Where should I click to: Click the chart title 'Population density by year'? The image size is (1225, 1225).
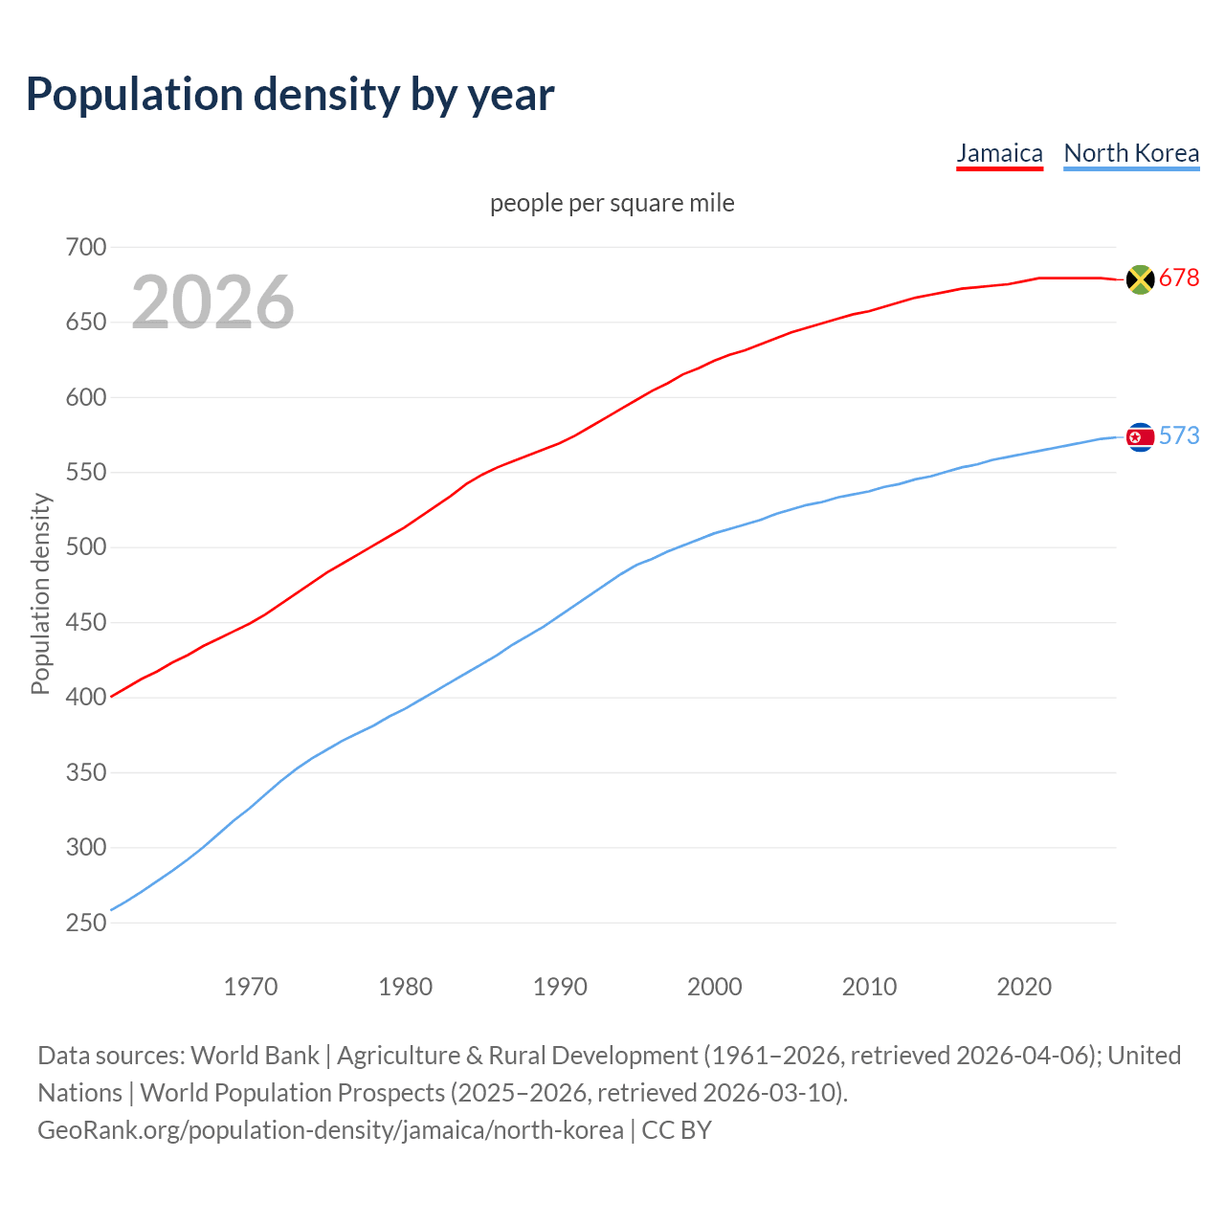[x=290, y=95]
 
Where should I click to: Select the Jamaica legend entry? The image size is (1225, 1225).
[x=999, y=153]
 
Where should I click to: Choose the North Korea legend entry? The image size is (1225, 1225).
[x=1131, y=153]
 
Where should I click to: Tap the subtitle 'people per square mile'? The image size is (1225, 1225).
[x=612, y=203]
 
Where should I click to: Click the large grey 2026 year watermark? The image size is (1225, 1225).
[x=212, y=302]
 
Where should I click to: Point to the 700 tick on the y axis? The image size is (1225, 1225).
[x=86, y=247]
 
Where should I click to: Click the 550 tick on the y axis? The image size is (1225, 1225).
[x=86, y=473]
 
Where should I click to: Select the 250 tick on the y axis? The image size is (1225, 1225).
[x=86, y=923]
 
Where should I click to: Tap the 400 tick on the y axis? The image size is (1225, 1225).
[x=86, y=698]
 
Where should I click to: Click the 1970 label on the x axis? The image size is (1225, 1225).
[x=251, y=987]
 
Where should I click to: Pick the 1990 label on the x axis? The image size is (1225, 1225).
[x=560, y=987]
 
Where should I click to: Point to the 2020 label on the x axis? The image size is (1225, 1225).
[x=1024, y=987]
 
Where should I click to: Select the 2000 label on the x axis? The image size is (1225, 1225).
[x=715, y=987]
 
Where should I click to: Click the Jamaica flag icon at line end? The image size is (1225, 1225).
[x=1140, y=278]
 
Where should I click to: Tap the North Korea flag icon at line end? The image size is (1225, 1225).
[x=1140, y=437]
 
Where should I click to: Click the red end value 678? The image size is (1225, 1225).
[x=1179, y=278]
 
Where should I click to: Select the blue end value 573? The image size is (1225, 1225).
[x=1179, y=436]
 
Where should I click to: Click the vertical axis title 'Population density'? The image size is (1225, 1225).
[x=40, y=593]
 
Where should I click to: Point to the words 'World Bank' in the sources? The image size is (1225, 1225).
[x=255, y=1056]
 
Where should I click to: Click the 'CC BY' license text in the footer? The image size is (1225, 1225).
[x=677, y=1130]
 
